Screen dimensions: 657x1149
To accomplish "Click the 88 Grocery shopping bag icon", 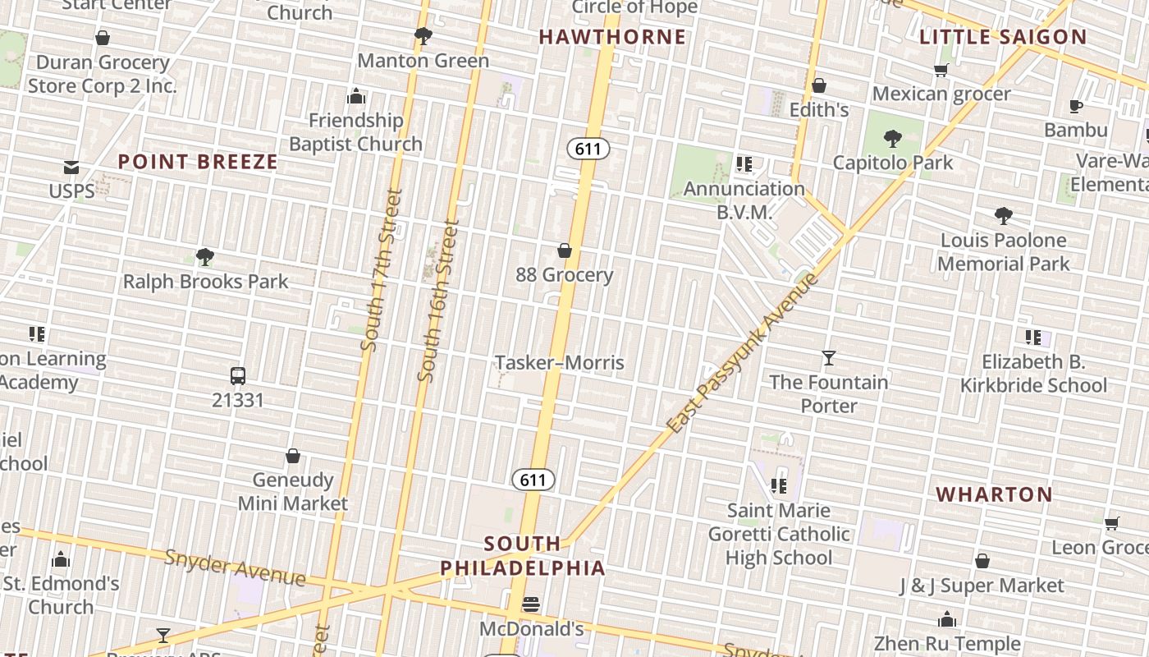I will [x=565, y=250].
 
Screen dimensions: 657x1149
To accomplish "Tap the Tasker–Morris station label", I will [x=560, y=363].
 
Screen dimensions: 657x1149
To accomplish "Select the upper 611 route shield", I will [x=588, y=149].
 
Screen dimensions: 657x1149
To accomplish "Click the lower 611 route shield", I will [x=533, y=480].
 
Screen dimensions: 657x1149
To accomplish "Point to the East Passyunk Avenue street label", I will [x=743, y=353].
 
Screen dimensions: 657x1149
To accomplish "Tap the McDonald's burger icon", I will [x=531, y=605].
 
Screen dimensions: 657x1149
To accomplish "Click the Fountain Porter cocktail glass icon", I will [x=829, y=358].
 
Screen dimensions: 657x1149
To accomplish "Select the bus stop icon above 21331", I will [x=238, y=376].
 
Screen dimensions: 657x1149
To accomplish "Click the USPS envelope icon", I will [x=71, y=168].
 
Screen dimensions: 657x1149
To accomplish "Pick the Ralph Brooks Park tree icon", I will [x=205, y=257].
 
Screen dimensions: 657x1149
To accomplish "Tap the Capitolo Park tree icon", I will [x=893, y=138].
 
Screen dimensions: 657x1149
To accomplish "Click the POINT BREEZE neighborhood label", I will [x=198, y=162].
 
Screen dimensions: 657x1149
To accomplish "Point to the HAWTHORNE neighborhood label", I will [x=612, y=37].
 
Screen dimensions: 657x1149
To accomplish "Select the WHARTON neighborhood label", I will [x=995, y=494].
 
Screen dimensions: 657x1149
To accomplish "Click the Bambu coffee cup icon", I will [x=1076, y=106].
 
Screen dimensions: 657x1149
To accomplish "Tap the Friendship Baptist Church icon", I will [x=356, y=96].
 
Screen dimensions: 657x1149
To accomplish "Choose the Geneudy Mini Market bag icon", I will [x=293, y=456].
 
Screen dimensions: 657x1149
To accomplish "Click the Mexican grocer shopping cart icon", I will [x=941, y=70].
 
